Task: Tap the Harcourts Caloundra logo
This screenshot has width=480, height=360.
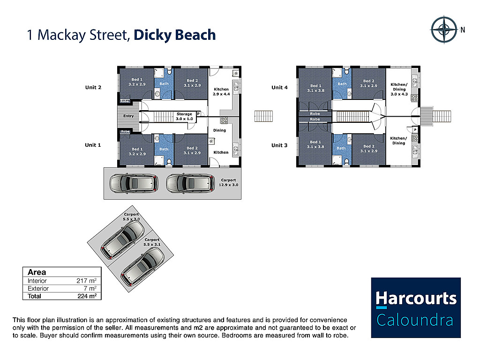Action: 416,307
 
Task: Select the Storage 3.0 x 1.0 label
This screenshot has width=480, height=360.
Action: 184,116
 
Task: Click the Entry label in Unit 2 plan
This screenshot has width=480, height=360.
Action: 128,116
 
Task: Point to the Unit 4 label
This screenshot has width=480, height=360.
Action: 279,87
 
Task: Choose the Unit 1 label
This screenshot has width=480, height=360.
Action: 93,145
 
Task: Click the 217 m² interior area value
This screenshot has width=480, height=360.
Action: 86,281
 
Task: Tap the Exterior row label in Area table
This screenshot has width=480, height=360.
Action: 38,288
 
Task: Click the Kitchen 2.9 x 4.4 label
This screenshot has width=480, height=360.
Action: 221,91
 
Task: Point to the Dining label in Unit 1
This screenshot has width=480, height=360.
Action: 219,130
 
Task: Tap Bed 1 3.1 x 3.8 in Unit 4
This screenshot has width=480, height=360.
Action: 315,88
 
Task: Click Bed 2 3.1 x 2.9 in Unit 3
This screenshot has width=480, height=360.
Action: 369,149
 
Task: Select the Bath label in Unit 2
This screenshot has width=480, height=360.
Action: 164,84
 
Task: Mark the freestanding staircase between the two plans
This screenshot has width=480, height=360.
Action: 263,116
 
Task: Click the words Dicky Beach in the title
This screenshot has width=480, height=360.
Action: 174,35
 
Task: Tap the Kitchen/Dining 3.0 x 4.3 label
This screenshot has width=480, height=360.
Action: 399,90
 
